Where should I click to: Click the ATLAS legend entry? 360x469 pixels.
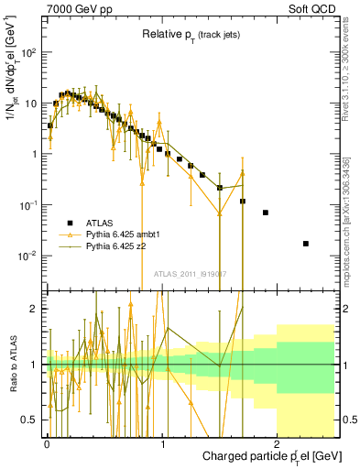(x=100, y=223)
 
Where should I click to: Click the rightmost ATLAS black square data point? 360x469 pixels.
(x=306, y=244)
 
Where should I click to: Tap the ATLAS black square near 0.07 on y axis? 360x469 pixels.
(x=266, y=213)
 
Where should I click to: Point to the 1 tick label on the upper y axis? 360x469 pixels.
(x=35, y=154)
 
